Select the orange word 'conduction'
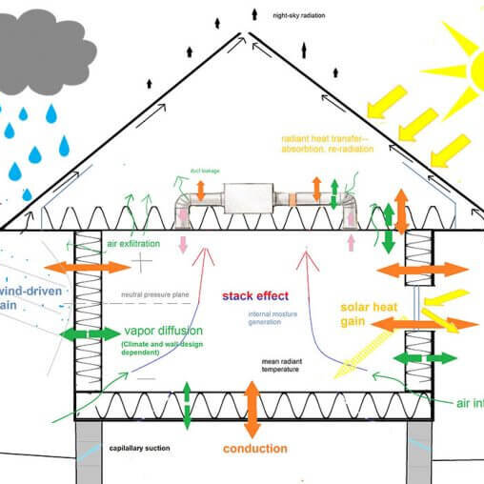point(255,448)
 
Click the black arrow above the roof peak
point(254,14)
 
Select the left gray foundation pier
point(96,453)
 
